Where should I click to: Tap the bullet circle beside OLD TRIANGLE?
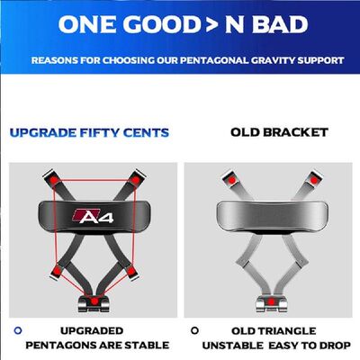pyautogui.click(x=194, y=329)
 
